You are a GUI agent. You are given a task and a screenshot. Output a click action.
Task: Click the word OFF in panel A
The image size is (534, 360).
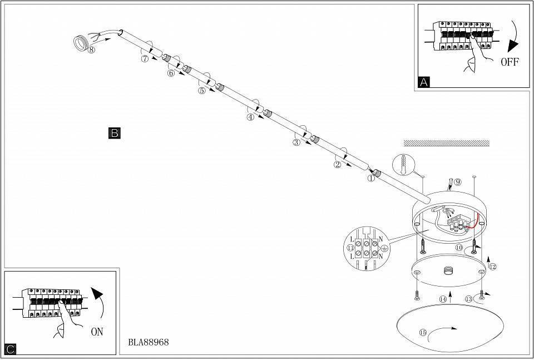(x=510, y=62)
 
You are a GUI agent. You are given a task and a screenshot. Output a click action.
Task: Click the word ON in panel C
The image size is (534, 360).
(x=97, y=332)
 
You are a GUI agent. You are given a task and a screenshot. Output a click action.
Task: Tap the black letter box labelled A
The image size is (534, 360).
(x=424, y=82)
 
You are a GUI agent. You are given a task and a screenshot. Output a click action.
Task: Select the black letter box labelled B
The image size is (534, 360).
(x=115, y=133)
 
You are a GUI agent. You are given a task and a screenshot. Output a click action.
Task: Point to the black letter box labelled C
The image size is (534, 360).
(x=11, y=349)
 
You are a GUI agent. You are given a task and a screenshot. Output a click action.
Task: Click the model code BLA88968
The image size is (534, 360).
(x=149, y=342)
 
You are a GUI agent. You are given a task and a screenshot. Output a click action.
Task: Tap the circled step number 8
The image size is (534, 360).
(x=91, y=50)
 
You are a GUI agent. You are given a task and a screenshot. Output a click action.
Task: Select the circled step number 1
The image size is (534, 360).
(x=371, y=178)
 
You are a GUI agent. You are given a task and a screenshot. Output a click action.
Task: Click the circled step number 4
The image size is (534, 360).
(x=250, y=117)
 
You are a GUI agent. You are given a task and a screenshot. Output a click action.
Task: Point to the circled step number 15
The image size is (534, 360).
(x=423, y=332)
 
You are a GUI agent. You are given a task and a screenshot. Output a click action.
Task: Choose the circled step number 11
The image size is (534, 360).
(x=350, y=248)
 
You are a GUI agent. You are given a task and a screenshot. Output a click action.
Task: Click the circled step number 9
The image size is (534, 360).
(x=458, y=182)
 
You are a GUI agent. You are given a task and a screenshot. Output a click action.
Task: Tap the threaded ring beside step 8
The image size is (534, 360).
(x=80, y=44)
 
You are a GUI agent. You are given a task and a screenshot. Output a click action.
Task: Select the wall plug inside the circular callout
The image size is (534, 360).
(x=404, y=165)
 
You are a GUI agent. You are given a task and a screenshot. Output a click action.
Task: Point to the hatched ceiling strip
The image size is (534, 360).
(x=447, y=143)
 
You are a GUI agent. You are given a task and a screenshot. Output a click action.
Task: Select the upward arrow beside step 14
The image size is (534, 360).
(x=450, y=297)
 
